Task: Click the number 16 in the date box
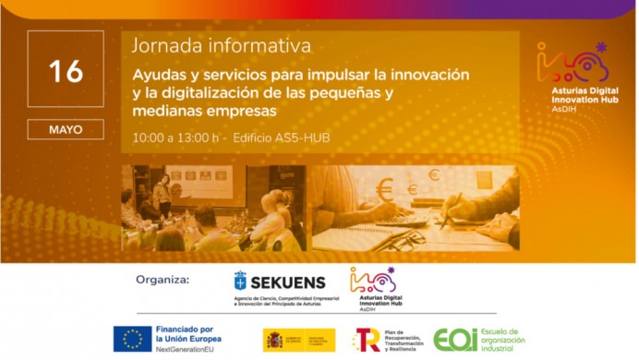(x=65, y=70)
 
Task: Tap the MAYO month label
(x=65, y=130)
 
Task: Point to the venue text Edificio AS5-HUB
(x=282, y=138)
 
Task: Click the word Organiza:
(x=163, y=279)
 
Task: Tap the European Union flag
(x=132, y=339)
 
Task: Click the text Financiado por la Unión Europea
(x=188, y=333)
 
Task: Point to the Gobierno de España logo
(x=298, y=339)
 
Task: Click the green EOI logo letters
(x=455, y=340)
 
